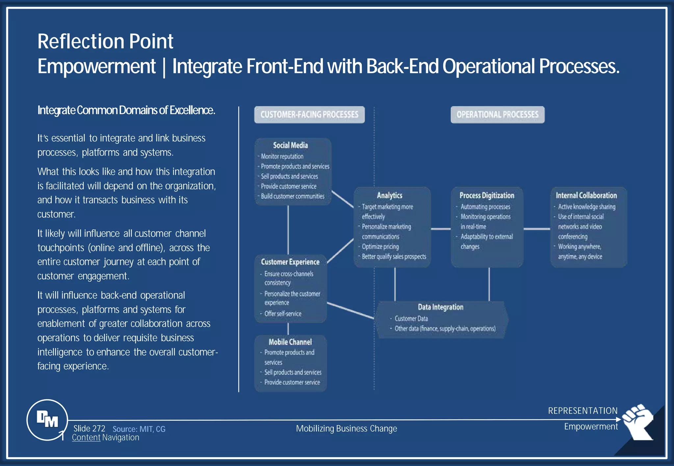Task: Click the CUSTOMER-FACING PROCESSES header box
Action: [x=309, y=115]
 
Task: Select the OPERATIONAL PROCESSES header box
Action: [x=497, y=115]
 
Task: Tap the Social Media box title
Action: [x=290, y=145]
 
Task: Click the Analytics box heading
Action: [x=390, y=196]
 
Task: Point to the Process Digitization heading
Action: [x=487, y=196]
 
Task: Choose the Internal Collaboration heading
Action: [x=586, y=196]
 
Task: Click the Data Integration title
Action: [x=440, y=307]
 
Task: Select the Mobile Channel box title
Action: [x=290, y=342]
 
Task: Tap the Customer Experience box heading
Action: [x=290, y=262]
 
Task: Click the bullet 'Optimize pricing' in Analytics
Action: [x=380, y=247]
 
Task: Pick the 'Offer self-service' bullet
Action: [x=283, y=314]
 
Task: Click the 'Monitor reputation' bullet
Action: [x=282, y=156]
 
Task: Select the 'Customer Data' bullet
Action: [x=411, y=318]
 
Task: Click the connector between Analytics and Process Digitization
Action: [x=441, y=229]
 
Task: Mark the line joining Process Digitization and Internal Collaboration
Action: [x=536, y=229]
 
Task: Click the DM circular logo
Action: [x=47, y=420]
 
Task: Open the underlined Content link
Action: [x=86, y=438]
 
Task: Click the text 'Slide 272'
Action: [x=89, y=429]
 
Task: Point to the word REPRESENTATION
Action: [x=583, y=411]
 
